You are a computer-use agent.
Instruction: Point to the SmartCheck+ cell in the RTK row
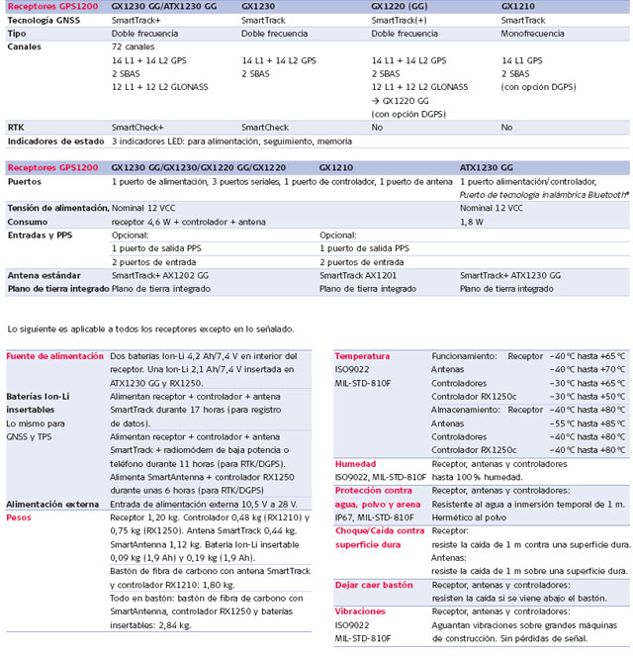(137, 128)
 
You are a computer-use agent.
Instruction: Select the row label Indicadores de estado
(49, 141)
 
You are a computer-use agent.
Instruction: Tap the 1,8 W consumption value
(473, 223)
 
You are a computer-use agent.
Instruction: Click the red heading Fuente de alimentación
(54, 355)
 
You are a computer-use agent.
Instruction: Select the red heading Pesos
(21, 516)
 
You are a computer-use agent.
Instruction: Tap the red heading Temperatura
(362, 355)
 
